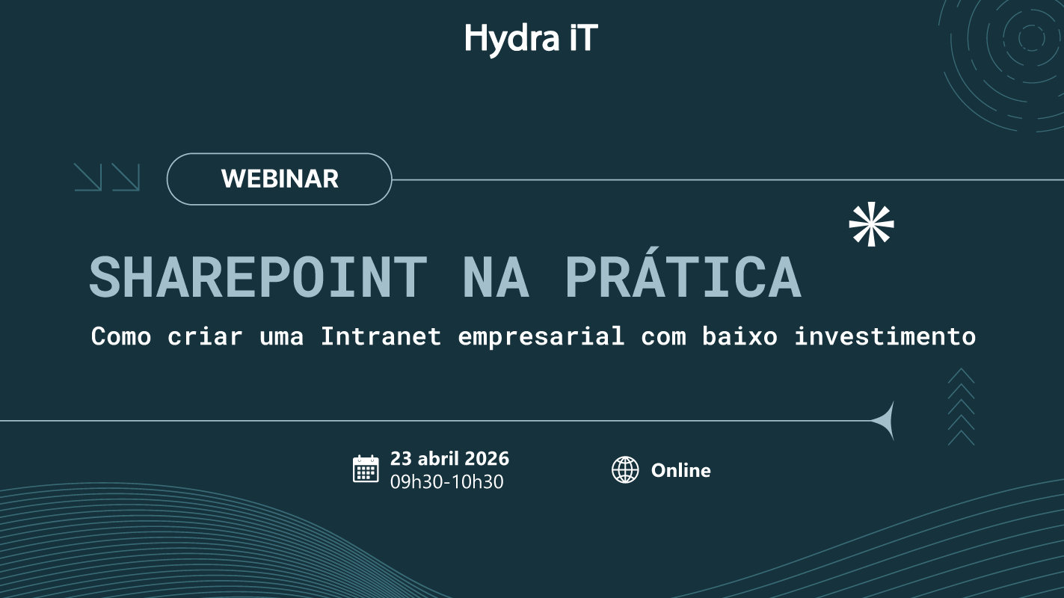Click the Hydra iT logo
(531, 38)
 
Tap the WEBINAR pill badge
(279, 179)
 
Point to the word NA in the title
(496, 277)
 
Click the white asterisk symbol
(871, 224)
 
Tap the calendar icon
(366, 469)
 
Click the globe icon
(625, 470)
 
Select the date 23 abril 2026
(449, 458)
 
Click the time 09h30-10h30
(446, 482)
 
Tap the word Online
(680, 470)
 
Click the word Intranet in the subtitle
(381, 336)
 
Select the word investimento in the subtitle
(885, 336)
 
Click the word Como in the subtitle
(121, 336)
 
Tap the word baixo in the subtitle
(739, 336)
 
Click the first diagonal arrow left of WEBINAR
(87, 177)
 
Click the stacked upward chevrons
(961, 407)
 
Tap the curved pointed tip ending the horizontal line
(886, 421)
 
